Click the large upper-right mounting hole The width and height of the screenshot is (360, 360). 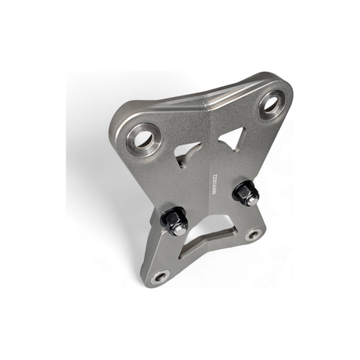click(272, 103)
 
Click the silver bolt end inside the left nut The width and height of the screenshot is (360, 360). click(178, 228)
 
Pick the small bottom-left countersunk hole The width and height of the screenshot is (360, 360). click(160, 275)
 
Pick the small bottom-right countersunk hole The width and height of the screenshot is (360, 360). click(252, 234)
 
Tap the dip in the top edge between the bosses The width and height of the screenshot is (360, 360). click(210, 97)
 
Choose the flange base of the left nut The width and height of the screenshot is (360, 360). click(169, 230)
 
